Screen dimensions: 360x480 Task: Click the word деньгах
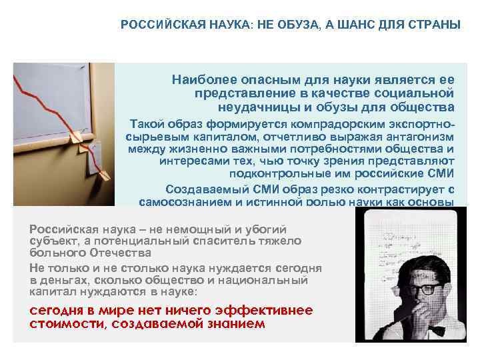pyautogui.click(x=64, y=280)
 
